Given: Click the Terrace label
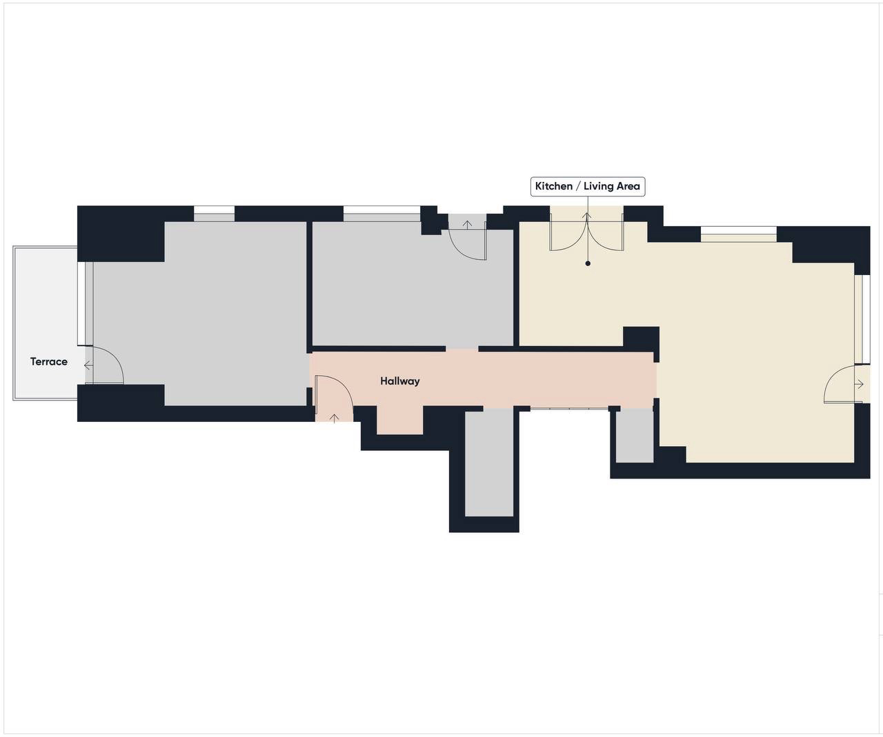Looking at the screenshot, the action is point(48,362).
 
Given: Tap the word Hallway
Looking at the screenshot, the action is point(399,381).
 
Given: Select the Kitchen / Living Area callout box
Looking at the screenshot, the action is point(587,186).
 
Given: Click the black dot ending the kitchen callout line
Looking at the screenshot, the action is point(587,263).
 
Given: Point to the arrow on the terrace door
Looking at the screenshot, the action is point(88,365).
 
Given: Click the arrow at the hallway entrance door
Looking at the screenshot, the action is point(334,418).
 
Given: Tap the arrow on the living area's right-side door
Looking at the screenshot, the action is point(859,384).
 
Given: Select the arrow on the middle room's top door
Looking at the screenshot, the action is point(467,224).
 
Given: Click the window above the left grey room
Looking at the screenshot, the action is point(214,214).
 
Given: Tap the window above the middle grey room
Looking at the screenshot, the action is point(382,214).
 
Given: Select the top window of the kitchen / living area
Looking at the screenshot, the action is point(739,234).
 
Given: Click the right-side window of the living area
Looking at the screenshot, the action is point(862,319).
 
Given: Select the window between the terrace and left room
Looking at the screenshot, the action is point(85,304).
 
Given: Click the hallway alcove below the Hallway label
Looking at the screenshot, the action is point(399,420).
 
